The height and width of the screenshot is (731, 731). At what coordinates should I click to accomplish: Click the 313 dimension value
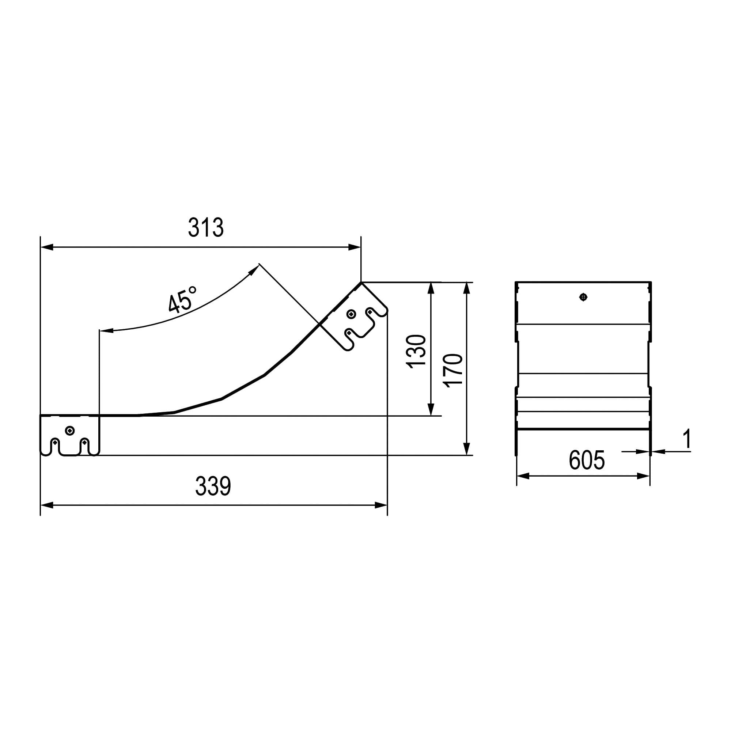[206, 227]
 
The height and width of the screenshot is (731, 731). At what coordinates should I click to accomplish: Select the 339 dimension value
[213, 486]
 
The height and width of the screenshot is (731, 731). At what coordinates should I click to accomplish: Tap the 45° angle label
[182, 299]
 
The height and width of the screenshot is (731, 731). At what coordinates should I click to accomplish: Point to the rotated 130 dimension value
[416, 351]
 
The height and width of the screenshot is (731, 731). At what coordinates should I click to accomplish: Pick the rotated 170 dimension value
[453, 370]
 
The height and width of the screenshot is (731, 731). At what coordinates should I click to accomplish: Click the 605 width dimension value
[587, 460]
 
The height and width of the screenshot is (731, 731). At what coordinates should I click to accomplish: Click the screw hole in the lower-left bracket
[69, 430]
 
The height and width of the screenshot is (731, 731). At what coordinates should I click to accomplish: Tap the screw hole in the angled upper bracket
[352, 314]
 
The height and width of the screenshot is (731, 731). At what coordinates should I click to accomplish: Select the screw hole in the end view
[583, 297]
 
